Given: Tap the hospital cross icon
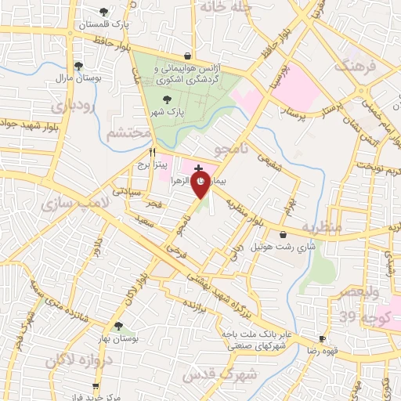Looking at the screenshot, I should click(198, 168).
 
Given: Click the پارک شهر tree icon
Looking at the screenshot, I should click(165, 99).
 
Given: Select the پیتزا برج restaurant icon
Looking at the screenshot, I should click(153, 152).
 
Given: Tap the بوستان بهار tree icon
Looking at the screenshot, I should click(118, 326).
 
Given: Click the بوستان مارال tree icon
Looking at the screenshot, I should click(78, 67).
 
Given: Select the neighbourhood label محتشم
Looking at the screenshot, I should click(128, 133).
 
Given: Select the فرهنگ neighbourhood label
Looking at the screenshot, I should click(356, 66).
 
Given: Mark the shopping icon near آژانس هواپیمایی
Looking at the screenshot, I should click(188, 56).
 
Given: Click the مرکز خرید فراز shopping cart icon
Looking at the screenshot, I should click(95, 385).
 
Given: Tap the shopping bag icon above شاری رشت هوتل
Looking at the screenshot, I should click(283, 233).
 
